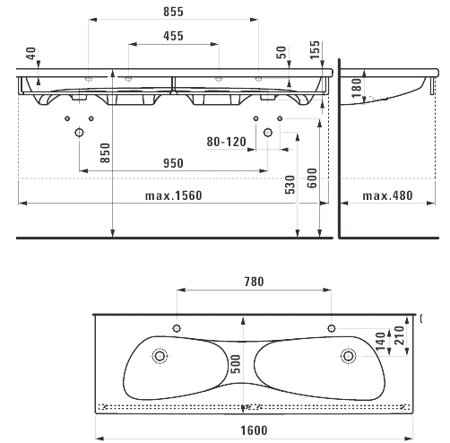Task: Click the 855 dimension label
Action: [173, 12]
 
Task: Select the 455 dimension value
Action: [173, 36]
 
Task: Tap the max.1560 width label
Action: [174, 195]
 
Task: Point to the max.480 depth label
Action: [387, 195]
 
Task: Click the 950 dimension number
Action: [173, 163]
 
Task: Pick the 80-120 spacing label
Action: [227, 142]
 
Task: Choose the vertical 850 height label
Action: [105, 153]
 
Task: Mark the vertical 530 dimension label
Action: [290, 185]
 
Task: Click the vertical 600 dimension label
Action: [312, 178]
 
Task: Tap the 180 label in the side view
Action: [357, 88]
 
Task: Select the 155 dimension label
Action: [315, 50]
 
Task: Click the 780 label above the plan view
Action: [254, 282]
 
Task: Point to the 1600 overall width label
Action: [254, 430]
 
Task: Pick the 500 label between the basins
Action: [236, 364]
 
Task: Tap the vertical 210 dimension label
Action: [401, 335]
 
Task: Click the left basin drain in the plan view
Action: [160, 356]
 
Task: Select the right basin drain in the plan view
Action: [348, 356]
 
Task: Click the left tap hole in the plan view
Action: [177, 328]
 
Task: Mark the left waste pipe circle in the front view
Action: [79, 132]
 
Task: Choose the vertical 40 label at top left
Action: [31, 53]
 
